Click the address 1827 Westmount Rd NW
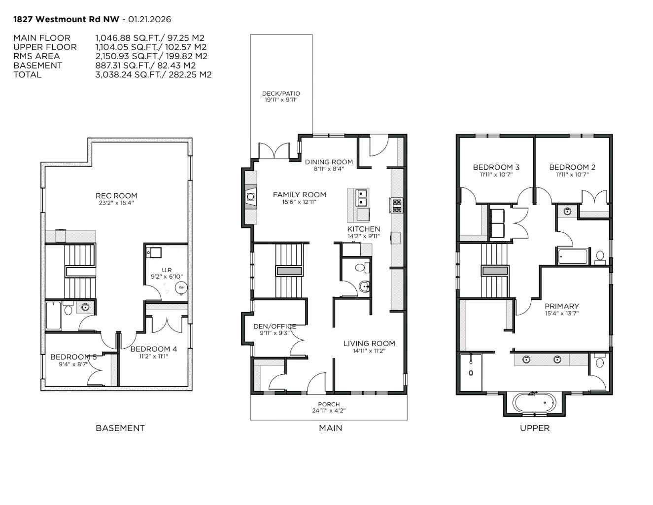(66, 19)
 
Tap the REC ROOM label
(116, 196)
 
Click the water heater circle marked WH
(181, 288)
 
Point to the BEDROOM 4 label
(153, 349)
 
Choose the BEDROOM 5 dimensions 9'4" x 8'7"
(73, 364)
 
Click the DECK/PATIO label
(281, 93)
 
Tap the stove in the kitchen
(396, 205)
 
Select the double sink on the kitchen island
(362, 198)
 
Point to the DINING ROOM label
(329, 162)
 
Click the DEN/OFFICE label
(275, 326)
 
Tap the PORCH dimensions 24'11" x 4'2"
(329, 410)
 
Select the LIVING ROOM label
(369, 344)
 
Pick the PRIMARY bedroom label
(562, 306)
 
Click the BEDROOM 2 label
(572, 167)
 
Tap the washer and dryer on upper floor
(497, 223)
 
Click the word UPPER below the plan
(535, 428)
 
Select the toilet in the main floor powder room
(361, 268)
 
